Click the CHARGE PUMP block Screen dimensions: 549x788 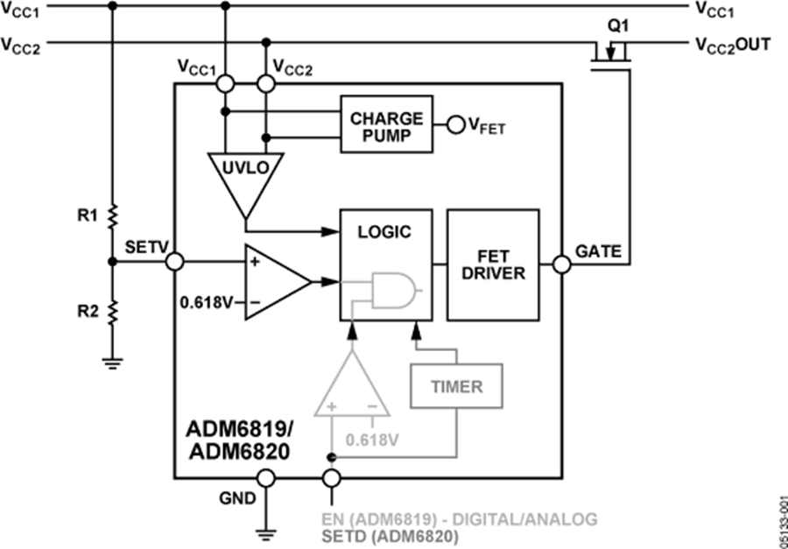point(386,125)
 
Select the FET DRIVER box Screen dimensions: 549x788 point(492,264)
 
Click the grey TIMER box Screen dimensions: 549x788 point(457,385)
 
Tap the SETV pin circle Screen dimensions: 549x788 point(174,261)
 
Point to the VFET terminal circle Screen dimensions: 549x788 point(454,125)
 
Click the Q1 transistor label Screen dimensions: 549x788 point(618,26)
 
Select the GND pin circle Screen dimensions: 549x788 point(265,478)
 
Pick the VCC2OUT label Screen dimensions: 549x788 point(733,45)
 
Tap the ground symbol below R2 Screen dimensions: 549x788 point(112,361)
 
